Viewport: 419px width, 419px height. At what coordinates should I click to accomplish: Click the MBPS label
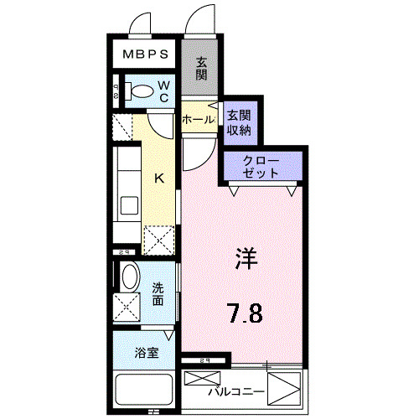[146, 56]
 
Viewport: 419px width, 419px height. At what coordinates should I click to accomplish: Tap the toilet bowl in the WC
[143, 90]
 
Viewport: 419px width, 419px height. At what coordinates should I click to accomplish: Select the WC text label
[164, 91]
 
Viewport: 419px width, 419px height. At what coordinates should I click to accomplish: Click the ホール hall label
[199, 120]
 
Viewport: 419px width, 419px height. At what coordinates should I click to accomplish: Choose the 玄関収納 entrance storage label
[238, 122]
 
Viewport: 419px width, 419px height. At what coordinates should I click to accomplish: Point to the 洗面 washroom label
[158, 293]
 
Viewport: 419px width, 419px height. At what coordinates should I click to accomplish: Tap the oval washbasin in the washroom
[129, 276]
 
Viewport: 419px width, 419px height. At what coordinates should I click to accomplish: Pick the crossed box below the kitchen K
[159, 240]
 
